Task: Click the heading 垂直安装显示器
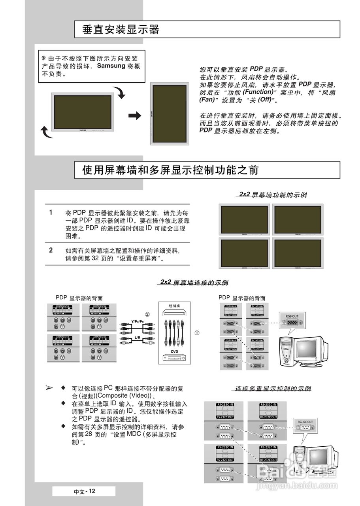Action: point(121,30)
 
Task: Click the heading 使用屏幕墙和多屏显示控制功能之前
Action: point(170,170)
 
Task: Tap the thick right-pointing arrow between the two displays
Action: point(135,115)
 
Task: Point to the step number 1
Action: point(51,212)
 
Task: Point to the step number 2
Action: point(51,250)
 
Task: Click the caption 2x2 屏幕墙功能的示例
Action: point(273,194)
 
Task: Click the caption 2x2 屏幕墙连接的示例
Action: point(194,282)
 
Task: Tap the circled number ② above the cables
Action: point(147,315)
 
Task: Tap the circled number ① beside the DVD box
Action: point(197,333)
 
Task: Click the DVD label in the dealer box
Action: point(175,351)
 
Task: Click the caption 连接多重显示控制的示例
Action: point(273,389)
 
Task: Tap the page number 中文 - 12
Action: point(85,491)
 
